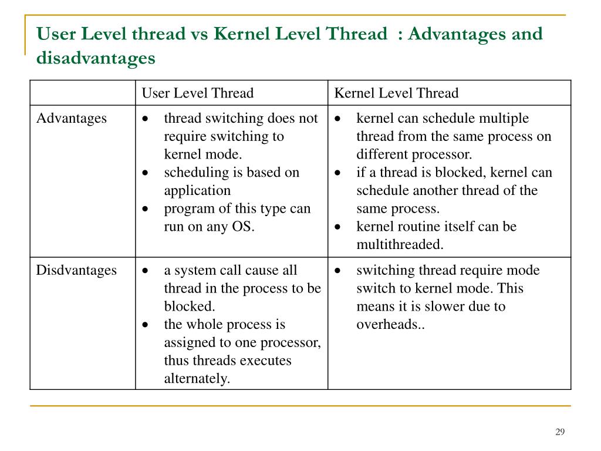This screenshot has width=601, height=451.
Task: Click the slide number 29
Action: [x=559, y=432]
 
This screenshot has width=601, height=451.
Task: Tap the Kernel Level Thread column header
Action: [x=396, y=93]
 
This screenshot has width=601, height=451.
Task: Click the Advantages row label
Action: [x=72, y=118]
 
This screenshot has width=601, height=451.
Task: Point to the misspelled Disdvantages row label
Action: [x=76, y=270]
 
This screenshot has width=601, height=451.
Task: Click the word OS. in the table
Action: [x=243, y=227]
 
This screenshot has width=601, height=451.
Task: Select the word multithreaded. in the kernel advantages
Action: [x=400, y=245]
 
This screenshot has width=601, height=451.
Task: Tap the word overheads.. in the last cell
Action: [x=390, y=324]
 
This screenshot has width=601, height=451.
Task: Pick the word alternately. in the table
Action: [x=197, y=379]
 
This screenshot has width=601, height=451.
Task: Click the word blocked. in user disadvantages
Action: [x=190, y=307]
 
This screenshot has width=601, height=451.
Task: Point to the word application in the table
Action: [x=197, y=191]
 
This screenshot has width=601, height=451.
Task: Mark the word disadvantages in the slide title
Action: [x=96, y=58]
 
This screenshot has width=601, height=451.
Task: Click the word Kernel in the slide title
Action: [x=241, y=34]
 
